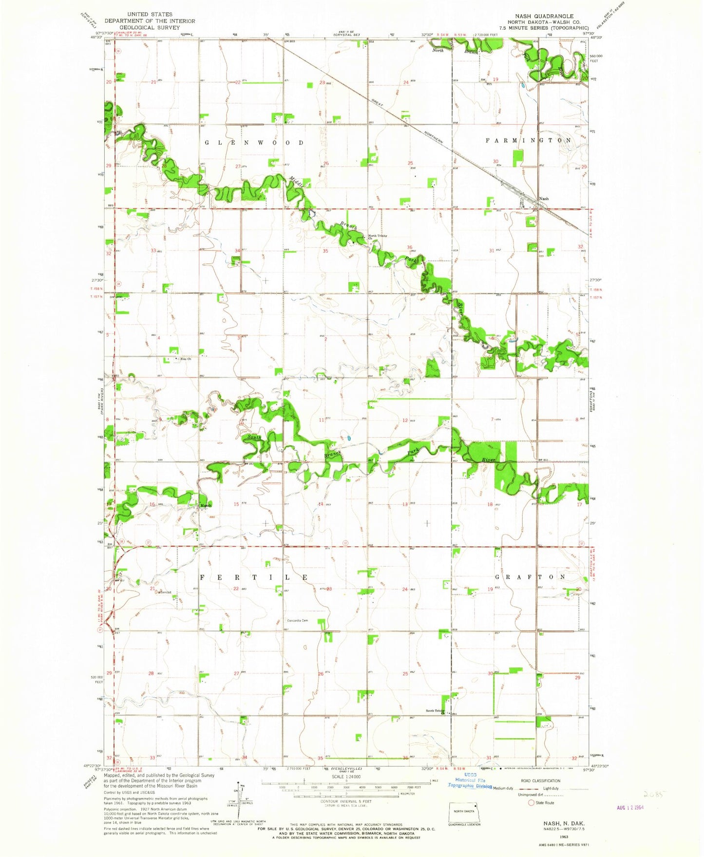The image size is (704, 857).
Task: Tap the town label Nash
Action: point(544,199)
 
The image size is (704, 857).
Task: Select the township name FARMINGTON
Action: point(528,140)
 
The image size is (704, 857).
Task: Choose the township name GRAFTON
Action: point(530,577)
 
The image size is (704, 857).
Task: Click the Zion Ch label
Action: point(185,359)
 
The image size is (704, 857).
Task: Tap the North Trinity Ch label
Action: point(378,237)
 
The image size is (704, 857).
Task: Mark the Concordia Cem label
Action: point(298,620)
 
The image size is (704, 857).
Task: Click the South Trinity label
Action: point(435,711)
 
